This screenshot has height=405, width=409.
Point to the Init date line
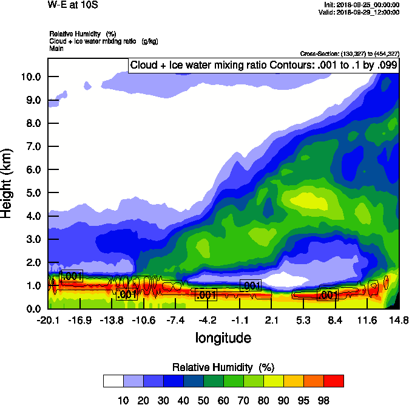click(x=362, y=4)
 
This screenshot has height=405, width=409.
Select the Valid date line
click(x=361, y=12)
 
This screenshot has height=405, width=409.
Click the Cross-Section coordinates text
click(x=350, y=54)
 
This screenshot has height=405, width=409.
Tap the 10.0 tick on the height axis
click(x=30, y=77)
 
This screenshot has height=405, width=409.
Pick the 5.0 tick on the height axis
click(x=33, y=193)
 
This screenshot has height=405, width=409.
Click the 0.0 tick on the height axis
click(x=33, y=309)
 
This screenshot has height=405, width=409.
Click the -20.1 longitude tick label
click(x=48, y=321)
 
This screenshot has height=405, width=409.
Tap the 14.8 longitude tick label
click(x=399, y=321)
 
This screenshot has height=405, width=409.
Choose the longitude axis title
click(x=223, y=338)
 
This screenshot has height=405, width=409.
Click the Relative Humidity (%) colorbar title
click(x=224, y=367)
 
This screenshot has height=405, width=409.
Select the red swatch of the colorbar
click(x=333, y=381)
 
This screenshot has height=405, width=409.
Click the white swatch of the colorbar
click(x=113, y=381)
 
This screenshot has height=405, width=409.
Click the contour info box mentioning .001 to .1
click(x=264, y=66)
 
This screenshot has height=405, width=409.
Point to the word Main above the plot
click(x=56, y=48)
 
